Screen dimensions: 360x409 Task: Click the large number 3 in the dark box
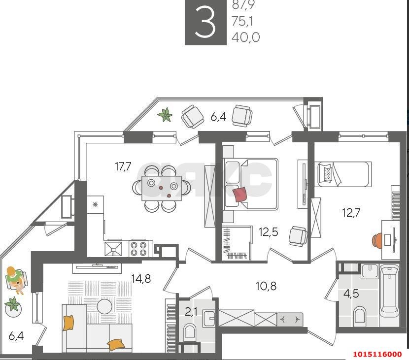(x=205, y=23)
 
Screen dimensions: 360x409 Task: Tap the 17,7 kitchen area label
(x=123, y=166)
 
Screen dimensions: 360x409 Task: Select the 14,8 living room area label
(x=141, y=279)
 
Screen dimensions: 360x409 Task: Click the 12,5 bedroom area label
(x=268, y=231)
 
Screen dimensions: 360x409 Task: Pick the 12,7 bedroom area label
(x=352, y=213)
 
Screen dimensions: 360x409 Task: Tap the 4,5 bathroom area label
(x=351, y=294)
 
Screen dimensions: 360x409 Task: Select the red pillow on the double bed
(x=240, y=194)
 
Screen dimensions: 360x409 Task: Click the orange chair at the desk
(x=377, y=240)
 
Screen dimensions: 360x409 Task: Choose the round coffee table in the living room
(x=104, y=307)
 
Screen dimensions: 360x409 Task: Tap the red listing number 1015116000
(x=377, y=354)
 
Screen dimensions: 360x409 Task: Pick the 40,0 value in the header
(x=245, y=37)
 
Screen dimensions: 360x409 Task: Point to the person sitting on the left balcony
(x=15, y=279)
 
